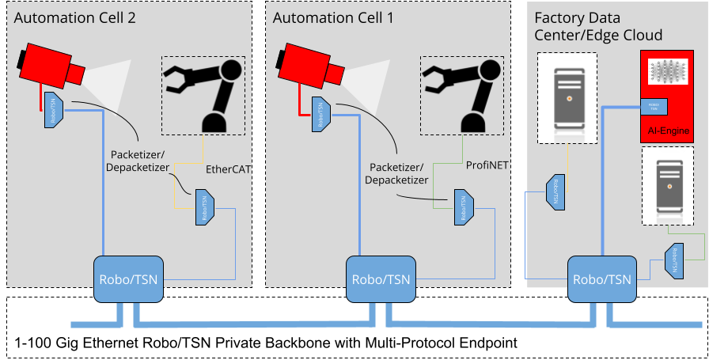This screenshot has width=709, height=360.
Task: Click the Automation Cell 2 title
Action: (x=75, y=17)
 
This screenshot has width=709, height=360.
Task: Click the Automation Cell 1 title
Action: (x=333, y=17)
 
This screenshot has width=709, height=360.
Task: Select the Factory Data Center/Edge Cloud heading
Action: (x=598, y=26)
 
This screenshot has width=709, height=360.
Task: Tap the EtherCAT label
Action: (x=228, y=169)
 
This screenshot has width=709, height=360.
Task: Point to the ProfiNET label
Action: (x=486, y=166)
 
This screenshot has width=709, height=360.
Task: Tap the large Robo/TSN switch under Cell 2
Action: (x=127, y=279)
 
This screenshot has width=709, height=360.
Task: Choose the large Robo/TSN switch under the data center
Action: (x=602, y=279)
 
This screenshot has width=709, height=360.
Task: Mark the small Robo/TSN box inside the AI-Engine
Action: (x=654, y=107)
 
